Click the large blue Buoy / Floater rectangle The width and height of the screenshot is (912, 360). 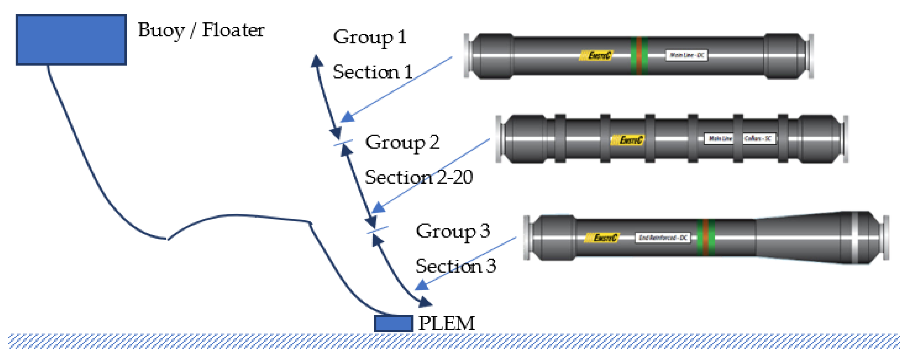(71, 40)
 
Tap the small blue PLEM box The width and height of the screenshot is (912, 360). (393, 323)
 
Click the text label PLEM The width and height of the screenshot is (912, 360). (446, 323)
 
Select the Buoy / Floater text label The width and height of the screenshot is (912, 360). (201, 30)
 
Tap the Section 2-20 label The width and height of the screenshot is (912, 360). (419, 177)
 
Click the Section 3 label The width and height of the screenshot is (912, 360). (456, 266)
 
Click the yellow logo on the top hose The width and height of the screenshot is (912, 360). (596, 56)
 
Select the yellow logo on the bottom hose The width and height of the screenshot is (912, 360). (601, 238)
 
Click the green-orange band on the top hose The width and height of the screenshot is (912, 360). (639, 56)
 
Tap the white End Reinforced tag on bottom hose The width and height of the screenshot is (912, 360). (663, 238)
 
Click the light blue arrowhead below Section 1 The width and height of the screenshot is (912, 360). (347, 117)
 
